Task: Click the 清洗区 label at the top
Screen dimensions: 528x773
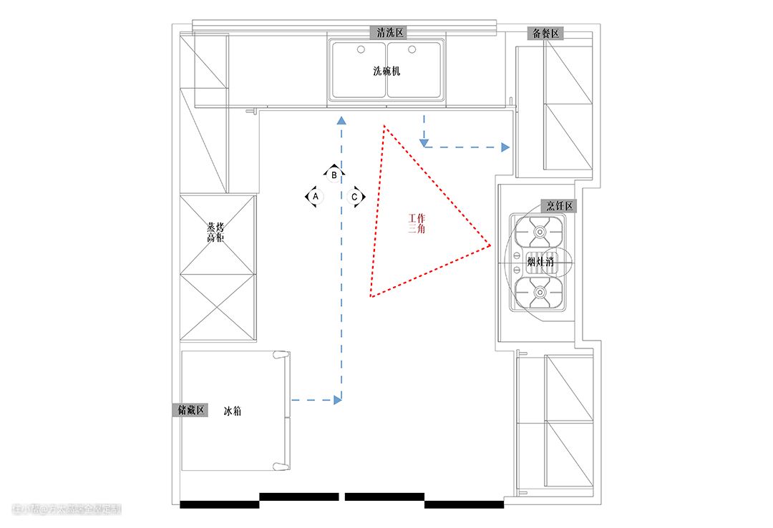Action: [x=390, y=33]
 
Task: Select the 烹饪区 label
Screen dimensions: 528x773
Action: [x=560, y=206]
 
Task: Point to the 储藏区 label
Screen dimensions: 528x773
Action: [x=191, y=410]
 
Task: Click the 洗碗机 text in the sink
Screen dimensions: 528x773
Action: [x=386, y=72]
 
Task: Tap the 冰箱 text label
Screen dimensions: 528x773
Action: [x=232, y=411]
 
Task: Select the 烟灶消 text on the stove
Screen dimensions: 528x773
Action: [x=541, y=263]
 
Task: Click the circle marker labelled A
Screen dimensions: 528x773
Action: [x=314, y=195]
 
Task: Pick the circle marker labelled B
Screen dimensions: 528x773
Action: [x=334, y=174]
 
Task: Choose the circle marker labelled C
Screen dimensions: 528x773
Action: [x=354, y=196]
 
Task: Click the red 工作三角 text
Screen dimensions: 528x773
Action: [x=416, y=223]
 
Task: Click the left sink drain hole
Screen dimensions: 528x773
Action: [x=361, y=49]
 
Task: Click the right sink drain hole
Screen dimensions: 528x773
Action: [x=412, y=49]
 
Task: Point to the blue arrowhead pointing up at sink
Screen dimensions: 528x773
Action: [x=341, y=121]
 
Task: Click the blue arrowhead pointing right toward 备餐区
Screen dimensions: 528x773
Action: [x=505, y=147]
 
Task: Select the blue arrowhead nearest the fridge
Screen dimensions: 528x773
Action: [x=337, y=399]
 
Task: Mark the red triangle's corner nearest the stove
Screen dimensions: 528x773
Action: [x=491, y=245]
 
